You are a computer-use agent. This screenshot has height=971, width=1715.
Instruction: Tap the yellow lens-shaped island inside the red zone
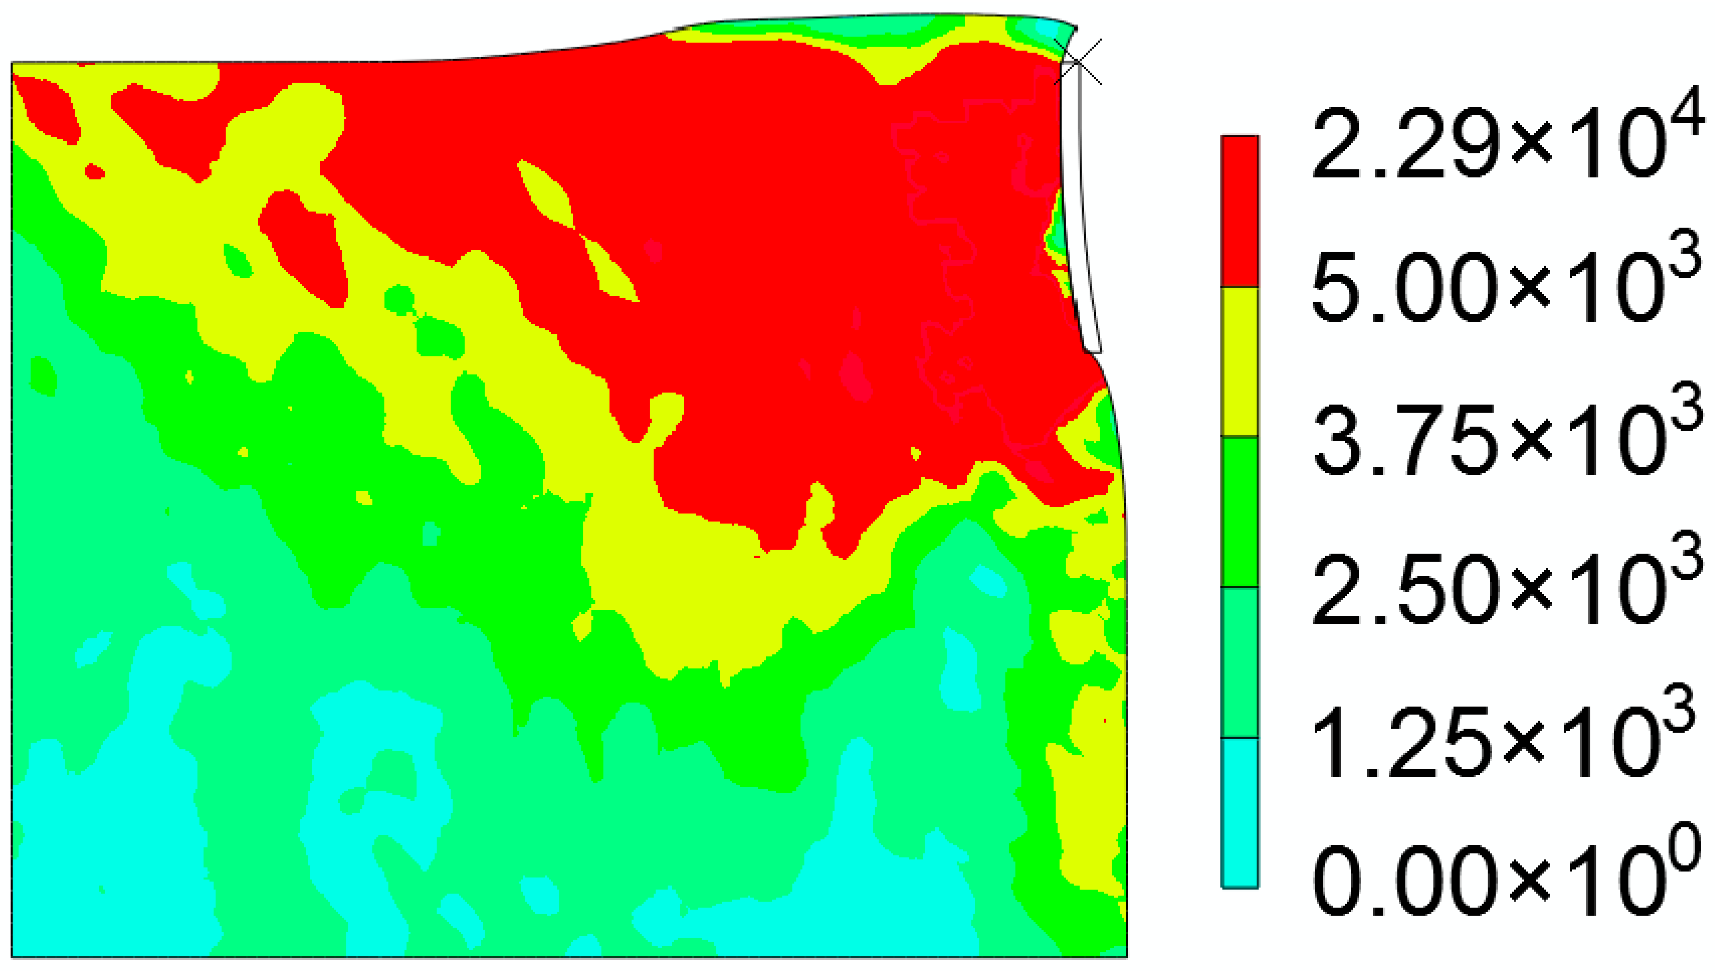pyautogui.click(x=545, y=193)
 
